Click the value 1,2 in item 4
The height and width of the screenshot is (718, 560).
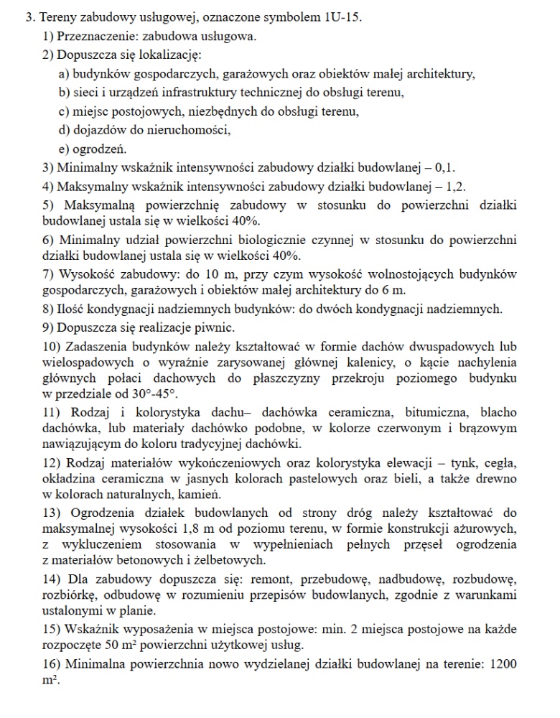[x=454, y=187]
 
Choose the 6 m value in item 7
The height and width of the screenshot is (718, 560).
[x=396, y=289]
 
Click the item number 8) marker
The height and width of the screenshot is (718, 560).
[x=49, y=309]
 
